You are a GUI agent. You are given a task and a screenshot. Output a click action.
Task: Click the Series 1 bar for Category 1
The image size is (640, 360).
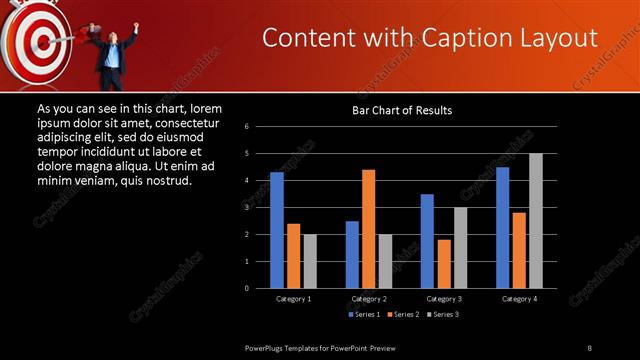pyautogui.click(x=277, y=230)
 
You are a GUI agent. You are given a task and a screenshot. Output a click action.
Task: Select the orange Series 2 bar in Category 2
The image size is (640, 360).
pyautogui.click(x=369, y=229)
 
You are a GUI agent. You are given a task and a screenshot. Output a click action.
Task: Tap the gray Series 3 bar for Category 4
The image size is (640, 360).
pyautogui.click(x=536, y=221)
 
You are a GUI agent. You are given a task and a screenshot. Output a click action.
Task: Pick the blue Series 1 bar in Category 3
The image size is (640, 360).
pyautogui.click(x=427, y=241)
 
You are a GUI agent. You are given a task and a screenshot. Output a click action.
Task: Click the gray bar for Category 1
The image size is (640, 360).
pyautogui.click(x=310, y=261)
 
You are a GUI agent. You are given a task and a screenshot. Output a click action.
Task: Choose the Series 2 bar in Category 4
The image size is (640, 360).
pyautogui.click(x=519, y=250)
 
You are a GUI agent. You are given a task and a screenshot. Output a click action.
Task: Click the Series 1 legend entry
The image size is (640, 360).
pyautogui.click(x=364, y=315)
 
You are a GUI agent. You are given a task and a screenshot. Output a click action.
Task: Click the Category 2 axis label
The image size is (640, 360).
pyautogui.click(x=369, y=299)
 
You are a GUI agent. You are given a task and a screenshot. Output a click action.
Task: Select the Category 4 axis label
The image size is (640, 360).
pyautogui.click(x=519, y=299)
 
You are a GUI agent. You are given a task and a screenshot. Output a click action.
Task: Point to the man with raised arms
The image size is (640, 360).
pyautogui.click(x=114, y=49)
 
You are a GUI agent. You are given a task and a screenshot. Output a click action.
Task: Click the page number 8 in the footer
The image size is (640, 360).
pyautogui.click(x=590, y=347)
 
